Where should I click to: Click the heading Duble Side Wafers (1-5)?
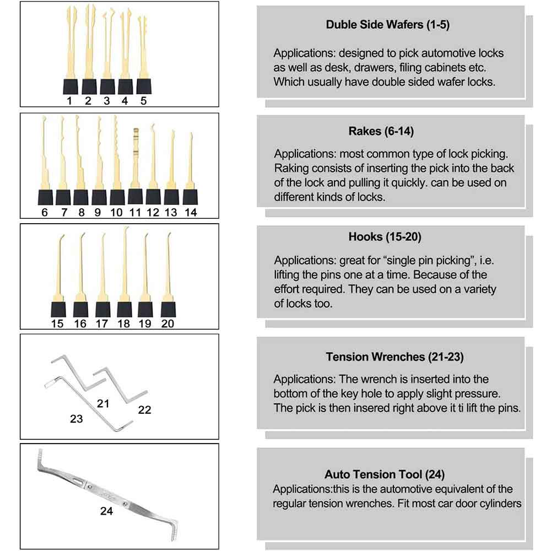point(388,24)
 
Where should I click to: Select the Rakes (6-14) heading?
point(381,131)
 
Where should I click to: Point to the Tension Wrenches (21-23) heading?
point(395,356)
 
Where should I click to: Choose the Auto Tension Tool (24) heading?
point(384,474)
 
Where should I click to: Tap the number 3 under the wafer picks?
point(106,100)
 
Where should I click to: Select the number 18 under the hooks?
point(123,323)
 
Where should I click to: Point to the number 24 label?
point(106,511)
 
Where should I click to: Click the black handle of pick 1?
point(70,86)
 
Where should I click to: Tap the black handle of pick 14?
point(190,197)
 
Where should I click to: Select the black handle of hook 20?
point(168,308)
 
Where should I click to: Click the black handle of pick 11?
point(136,197)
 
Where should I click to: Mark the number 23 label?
point(76,419)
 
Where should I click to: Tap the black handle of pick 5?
point(144,86)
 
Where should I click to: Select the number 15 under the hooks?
point(57,323)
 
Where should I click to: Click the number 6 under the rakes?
point(45,212)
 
